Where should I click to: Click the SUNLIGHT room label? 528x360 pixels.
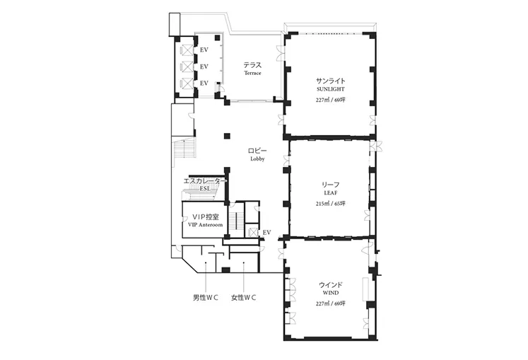(330, 89)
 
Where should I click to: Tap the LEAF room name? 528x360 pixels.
(330, 193)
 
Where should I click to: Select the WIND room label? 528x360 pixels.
(330, 293)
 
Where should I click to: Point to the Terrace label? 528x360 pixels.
(252, 73)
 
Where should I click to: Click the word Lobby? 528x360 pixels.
(257, 159)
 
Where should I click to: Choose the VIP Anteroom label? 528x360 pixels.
(205, 225)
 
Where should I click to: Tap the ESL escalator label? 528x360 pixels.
(205, 189)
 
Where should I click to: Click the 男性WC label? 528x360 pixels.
(206, 298)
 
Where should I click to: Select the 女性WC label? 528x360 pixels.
(243, 298)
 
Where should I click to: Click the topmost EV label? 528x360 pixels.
(204, 50)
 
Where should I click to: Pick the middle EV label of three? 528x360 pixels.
(204, 66)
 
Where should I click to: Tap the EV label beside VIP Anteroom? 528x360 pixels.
(266, 233)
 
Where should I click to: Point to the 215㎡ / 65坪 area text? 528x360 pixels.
(330, 204)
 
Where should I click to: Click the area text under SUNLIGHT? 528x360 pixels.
(330, 100)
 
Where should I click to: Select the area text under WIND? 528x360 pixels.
(330, 303)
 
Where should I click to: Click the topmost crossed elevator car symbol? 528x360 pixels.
(187, 50)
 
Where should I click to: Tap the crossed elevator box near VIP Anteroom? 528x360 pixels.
(252, 232)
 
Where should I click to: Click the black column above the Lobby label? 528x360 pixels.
(227, 137)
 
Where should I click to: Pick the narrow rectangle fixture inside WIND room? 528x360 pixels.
(366, 289)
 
